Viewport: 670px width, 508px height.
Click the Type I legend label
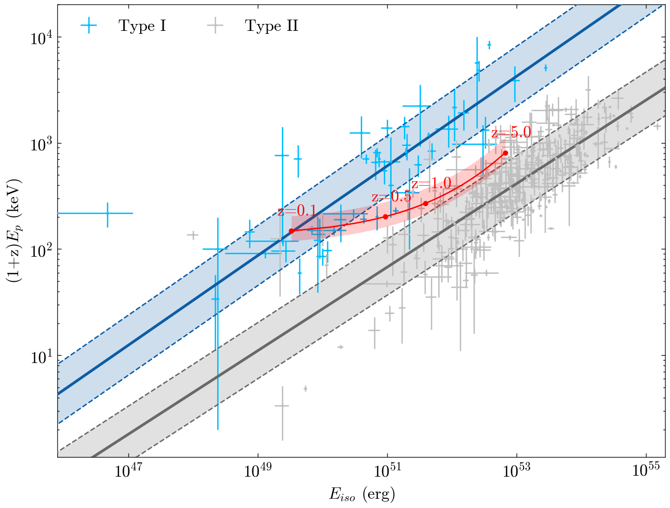tap(142, 26)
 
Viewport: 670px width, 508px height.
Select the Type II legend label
tap(272, 26)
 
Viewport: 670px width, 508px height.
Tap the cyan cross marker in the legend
tap(89, 26)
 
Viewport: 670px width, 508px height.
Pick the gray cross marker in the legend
tap(215, 26)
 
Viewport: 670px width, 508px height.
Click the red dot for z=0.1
tap(291, 231)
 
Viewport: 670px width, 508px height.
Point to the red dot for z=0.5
tap(385, 217)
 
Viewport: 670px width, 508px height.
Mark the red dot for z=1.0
tap(425, 203)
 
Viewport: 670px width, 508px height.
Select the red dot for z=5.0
tap(505, 153)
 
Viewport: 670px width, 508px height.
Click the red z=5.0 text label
tap(511, 132)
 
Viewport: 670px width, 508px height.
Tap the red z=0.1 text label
tap(297, 211)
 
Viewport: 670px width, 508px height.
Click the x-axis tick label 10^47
tap(128, 471)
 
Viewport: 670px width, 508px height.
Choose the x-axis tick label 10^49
tap(257, 471)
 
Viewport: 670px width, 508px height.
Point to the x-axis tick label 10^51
tap(387, 471)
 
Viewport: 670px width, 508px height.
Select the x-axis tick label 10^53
tap(517, 471)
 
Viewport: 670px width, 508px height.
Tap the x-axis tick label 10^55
tap(646, 471)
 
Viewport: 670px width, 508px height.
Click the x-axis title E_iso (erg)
tap(362, 495)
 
